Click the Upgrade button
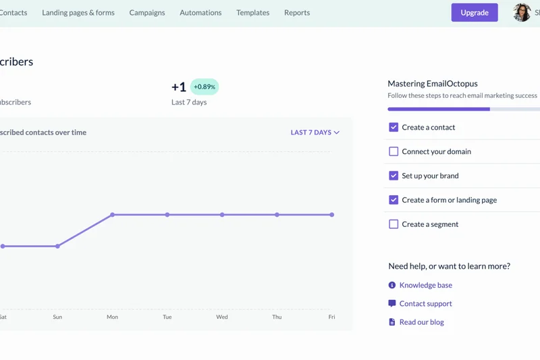pos(475,12)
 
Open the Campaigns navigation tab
pos(147,12)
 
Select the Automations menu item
pos(200,12)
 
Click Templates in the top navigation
pos(252,12)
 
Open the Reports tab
pos(297,12)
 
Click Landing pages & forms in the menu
pos(78,12)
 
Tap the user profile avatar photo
pos(522,12)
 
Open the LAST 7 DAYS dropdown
pos(315,132)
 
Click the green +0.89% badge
pos(205,87)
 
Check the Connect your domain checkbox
pos(394,151)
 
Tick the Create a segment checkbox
pos(394,224)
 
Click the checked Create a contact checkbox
pos(394,127)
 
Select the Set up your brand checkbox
pos(394,176)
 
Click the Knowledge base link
pos(425,285)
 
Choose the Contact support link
pos(425,304)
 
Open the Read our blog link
pos(421,322)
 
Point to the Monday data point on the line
pos(113,215)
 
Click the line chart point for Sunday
pos(57,246)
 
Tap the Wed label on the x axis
pos(222,317)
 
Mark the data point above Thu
pos(277,215)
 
